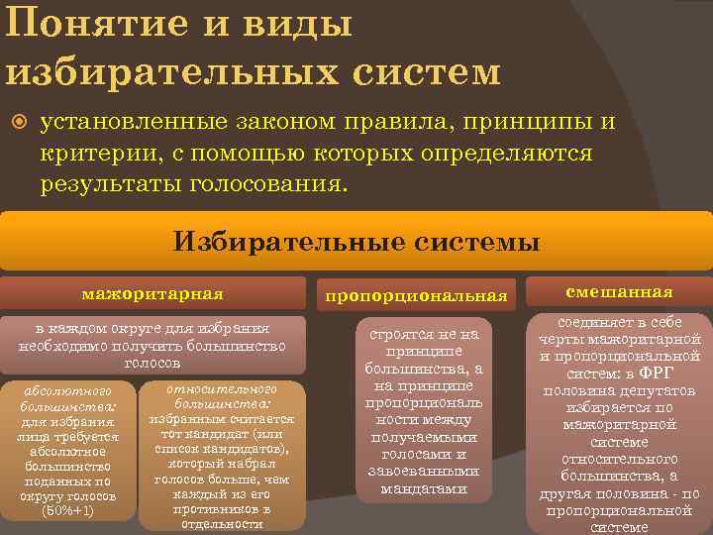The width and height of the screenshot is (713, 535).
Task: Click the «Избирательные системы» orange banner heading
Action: pos(356,242)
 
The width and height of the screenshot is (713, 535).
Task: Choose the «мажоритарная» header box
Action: pos(153,293)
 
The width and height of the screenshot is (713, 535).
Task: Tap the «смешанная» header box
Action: pos(619,291)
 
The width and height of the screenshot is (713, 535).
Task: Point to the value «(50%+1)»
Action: pos(68,511)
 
